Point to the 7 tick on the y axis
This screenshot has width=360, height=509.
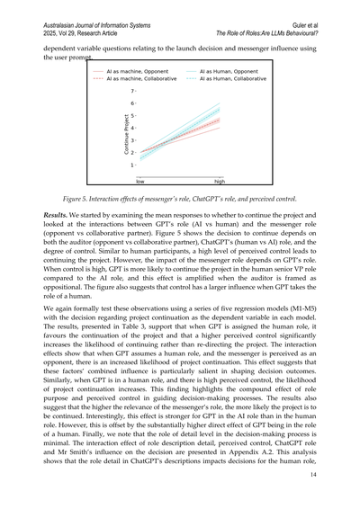(132, 91)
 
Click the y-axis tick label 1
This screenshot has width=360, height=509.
(132, 165)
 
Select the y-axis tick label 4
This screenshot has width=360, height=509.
(132, 128)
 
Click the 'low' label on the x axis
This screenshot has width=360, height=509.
(140, 180)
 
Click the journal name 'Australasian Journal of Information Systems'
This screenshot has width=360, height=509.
(100, 12)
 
